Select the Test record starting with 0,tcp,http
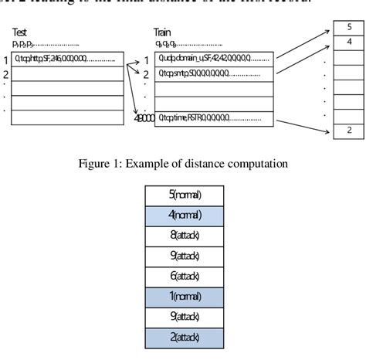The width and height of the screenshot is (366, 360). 68,58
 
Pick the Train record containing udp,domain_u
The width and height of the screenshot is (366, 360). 214,58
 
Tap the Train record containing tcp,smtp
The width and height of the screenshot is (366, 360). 214,73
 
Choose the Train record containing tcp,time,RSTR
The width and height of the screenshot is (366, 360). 214,119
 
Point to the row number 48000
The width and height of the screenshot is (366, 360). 144,120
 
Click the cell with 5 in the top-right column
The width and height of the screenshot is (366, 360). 350,27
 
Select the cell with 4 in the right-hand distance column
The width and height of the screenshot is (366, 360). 350,41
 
